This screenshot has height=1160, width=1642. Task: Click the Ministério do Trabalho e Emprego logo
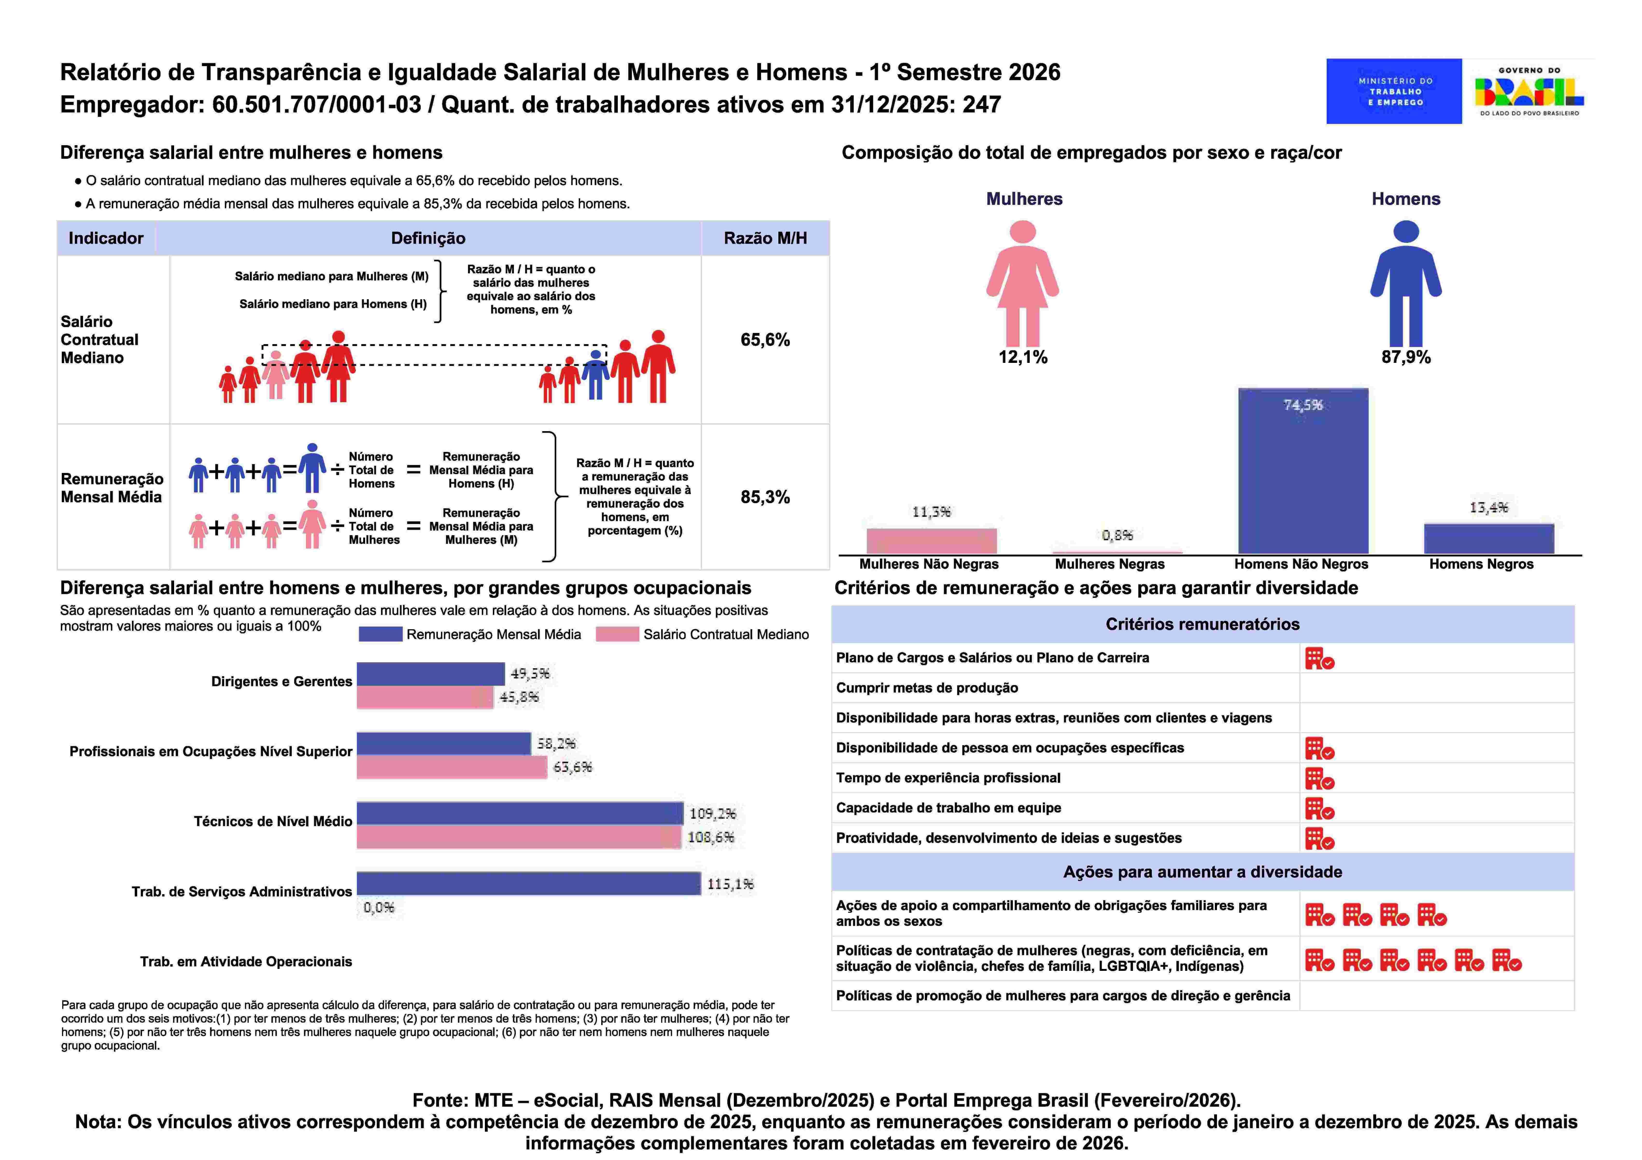[x=1393, y=91]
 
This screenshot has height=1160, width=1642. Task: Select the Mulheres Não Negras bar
[x=931, y=541]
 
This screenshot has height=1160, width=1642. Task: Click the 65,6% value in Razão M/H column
[x=764, y=340]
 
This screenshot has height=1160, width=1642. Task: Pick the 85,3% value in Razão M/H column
[x=764, y=497]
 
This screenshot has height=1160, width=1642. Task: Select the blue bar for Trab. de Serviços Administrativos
[x=529, y=884]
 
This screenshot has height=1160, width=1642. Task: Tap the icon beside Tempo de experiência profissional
[x=1319, y=778]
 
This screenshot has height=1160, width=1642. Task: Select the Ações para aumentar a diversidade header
[x=1202, y=872]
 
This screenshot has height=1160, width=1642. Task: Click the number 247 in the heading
[x=981, y=105]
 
